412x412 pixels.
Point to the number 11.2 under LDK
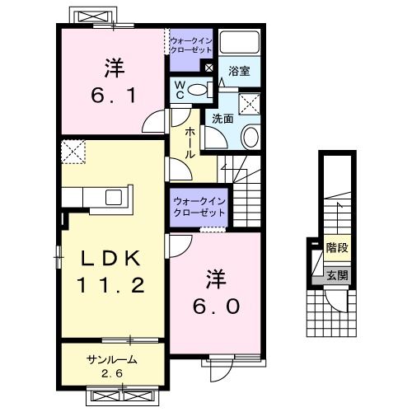(113, 287)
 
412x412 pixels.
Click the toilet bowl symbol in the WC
(196, 90)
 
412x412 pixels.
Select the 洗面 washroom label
(221, 119)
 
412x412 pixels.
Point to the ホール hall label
(189, 143)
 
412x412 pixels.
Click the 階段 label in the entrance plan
(335, 246)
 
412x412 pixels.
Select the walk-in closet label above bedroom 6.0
(199, 207)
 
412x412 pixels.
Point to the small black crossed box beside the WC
(208, 68)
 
